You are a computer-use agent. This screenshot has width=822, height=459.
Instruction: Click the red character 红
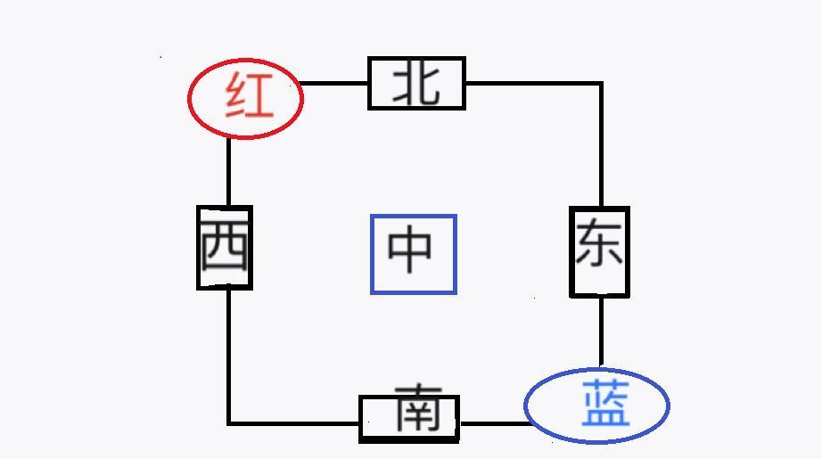pyautogui.click(x=249, y=97)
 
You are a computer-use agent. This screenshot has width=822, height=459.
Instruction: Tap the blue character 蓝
pyautogui.click(x=605, y=405)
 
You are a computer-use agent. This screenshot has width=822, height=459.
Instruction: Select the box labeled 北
pyautogui.click(x=416, y=84)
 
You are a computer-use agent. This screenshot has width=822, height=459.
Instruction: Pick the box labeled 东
pyautogui.click(x=599, y=251)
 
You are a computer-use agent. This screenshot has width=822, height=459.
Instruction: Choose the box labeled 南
pyautogui.click(x=409, y=418)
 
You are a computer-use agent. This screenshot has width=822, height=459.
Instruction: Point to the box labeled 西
pyautogui.click(x=224, y=247)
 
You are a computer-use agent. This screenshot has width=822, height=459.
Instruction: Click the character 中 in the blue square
pyautogui.click(x=412, y=253)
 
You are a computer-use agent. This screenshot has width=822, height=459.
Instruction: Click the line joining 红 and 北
pyautogui.click(x=335, y=84)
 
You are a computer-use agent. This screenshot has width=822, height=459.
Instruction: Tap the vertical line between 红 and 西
pyautogui.click(x=228, y=171)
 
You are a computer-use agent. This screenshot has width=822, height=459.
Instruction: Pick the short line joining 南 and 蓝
pyautogui.click(x=493, y=422)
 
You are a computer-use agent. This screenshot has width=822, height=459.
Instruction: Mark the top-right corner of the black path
pyautogui.click(x=601, y=84)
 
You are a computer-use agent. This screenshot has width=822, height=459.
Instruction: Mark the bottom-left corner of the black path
pyautogui.click(x=229, y=422)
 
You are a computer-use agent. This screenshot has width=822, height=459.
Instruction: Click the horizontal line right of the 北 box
pyautogui.click(x=532, y=84)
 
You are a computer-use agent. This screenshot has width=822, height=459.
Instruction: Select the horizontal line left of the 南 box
pyautogui.click(x=294, y=422)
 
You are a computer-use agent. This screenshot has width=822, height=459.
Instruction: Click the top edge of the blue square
pyautogui.click(x=414, y=217)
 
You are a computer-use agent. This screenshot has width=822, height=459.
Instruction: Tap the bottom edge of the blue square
pyautogui.click(x=414, y=292)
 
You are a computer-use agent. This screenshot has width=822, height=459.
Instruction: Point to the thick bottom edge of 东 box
pyautogui.click(x=599, y=293)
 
